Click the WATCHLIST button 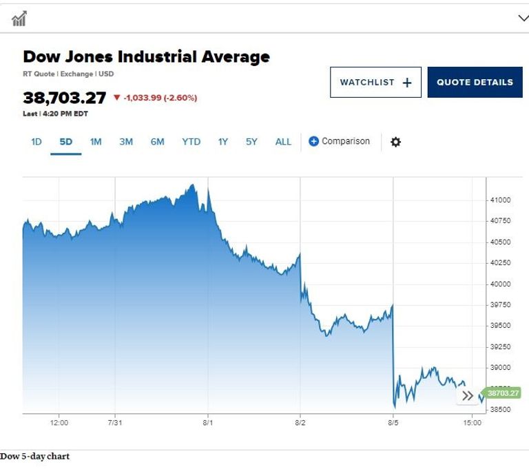point(375,82)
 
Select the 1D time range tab point(37,142)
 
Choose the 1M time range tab point(96,142)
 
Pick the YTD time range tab point(191,142)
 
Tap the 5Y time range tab point(251,142)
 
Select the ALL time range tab point(283,142)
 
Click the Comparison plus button point(314,142)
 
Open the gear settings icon point(395,142)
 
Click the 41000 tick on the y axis point(500,200)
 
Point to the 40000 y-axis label point(500,284)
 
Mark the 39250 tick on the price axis point(500,346)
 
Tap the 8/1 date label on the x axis point(207,423)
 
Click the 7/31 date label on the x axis point(115,423)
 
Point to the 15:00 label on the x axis point(472,423)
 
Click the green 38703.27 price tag point(503,393)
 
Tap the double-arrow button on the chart point(468,395)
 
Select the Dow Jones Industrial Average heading point(147,57)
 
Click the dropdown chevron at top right point(523,19)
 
